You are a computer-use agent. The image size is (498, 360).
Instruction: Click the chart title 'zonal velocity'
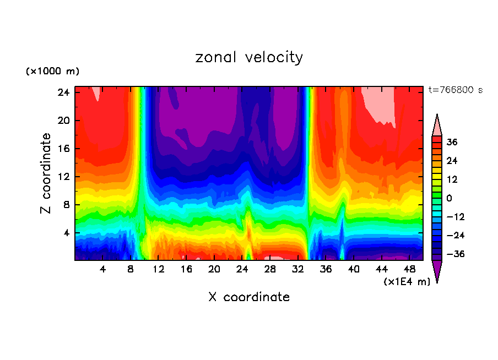[x=249, y=57]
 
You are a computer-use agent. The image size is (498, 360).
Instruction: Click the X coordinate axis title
[x=249, y=297]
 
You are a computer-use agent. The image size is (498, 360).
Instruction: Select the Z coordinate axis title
[x=47, y=173]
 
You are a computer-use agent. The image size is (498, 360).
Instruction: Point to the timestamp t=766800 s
[x=455, y=90]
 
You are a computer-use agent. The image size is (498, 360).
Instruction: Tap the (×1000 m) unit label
[x=53, y=72]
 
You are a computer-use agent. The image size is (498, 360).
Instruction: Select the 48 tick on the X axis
[x=409, y=270]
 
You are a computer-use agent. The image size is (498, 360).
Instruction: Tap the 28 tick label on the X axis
[x=270, y=270]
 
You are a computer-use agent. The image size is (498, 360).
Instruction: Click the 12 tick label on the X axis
[x=159, y=270]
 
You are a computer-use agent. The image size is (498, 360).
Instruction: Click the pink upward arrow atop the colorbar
[x=437, y=126]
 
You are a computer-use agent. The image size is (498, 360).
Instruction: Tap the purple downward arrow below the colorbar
[x=437, y=271]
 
